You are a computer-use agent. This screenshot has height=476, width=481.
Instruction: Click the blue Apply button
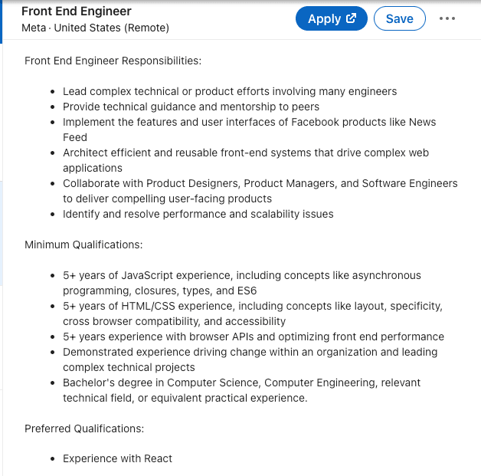(331, 19)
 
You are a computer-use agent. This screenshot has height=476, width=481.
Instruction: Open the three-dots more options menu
(447, 19)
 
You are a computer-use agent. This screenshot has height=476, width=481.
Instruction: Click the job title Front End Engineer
(77, 11)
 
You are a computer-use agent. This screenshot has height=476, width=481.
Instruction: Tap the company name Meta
(34, 28)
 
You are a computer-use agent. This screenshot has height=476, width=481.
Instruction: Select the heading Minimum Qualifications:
(83, 245)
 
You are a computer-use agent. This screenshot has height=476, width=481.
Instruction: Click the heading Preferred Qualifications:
(84, 428)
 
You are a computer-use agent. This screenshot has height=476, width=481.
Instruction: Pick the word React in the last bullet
(156, 458)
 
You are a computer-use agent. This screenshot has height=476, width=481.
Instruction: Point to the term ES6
(247, 291)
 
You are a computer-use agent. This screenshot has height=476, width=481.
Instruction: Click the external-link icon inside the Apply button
(352, 19)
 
